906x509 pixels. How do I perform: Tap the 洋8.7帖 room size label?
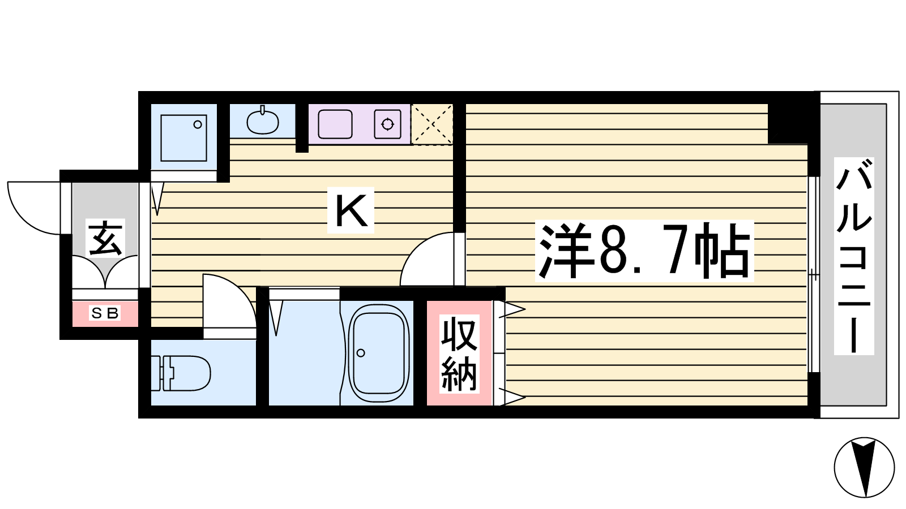coord(644,251)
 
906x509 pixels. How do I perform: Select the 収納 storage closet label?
coord(459,354)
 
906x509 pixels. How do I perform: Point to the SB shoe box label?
coord(105,313)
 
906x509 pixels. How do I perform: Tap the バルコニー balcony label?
coord(854,256)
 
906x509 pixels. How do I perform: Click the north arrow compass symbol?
coord(864,467)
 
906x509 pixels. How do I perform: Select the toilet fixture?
coord(181,373)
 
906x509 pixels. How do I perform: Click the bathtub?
coord(379,353)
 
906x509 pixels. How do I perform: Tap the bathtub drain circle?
coord(361,353)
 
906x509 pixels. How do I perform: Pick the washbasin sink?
coord(263,122)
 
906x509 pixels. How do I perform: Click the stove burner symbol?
coord(387,124)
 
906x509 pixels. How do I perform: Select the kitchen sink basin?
coord(335,124)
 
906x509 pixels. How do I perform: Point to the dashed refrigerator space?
coord(432,124)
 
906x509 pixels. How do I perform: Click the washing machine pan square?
coord(183,138)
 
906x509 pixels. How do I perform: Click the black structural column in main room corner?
coord(788,124)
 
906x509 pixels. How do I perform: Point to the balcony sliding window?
coord(813,274)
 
